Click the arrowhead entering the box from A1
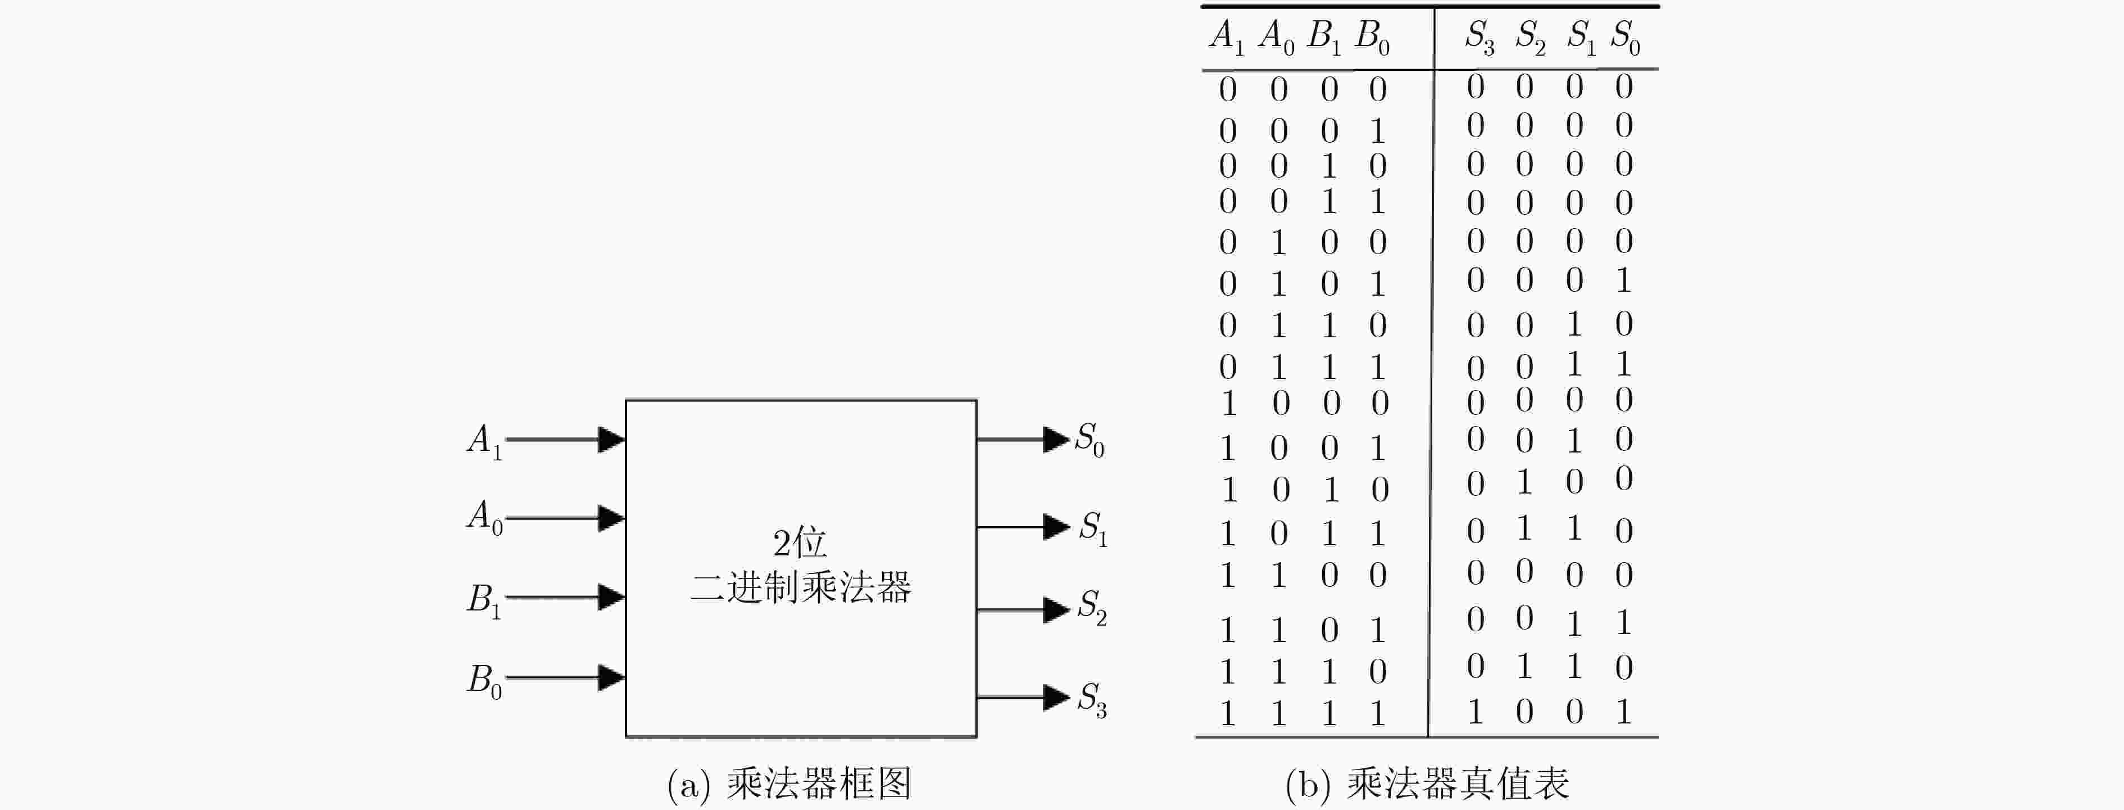(611, 440)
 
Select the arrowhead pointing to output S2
(1056, 609)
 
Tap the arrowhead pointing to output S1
(1056, 526)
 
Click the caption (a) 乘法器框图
(789, 784)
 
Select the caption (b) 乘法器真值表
(1427, 784)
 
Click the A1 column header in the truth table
(1227, 37)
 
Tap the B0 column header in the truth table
(1373, 37)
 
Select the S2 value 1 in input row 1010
(1524, 481)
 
